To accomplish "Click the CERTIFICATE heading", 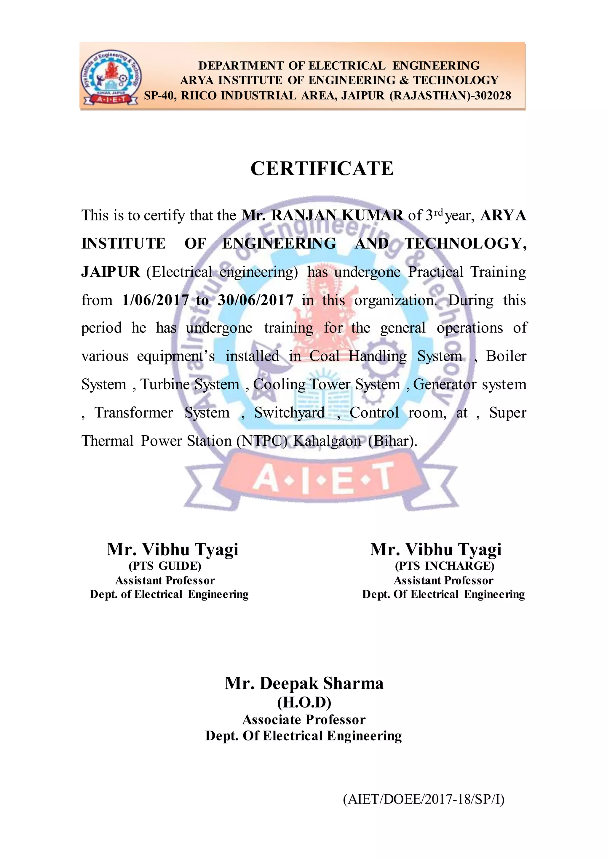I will [x=322, y=169].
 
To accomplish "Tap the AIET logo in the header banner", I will [x=111, y=77].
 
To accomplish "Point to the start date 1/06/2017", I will [x=155, y=300].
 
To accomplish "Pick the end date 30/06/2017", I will [x=256, y=300].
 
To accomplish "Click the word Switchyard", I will [x=289, y=413].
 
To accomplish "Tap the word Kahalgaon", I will [x=327, y=441].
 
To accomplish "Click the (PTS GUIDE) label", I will [x=165, y=566].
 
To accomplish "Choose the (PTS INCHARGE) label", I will [x=444, y=566].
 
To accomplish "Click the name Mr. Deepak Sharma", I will [x=304, y=683].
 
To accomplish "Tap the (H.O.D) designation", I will [x=304, y=703].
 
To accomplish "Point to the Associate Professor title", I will [x=304, y=720].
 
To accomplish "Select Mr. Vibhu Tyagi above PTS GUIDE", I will [x=172, y=550].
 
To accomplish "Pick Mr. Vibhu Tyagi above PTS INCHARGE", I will [x=435, y=550].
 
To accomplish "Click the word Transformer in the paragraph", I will [x=133, y=413].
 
